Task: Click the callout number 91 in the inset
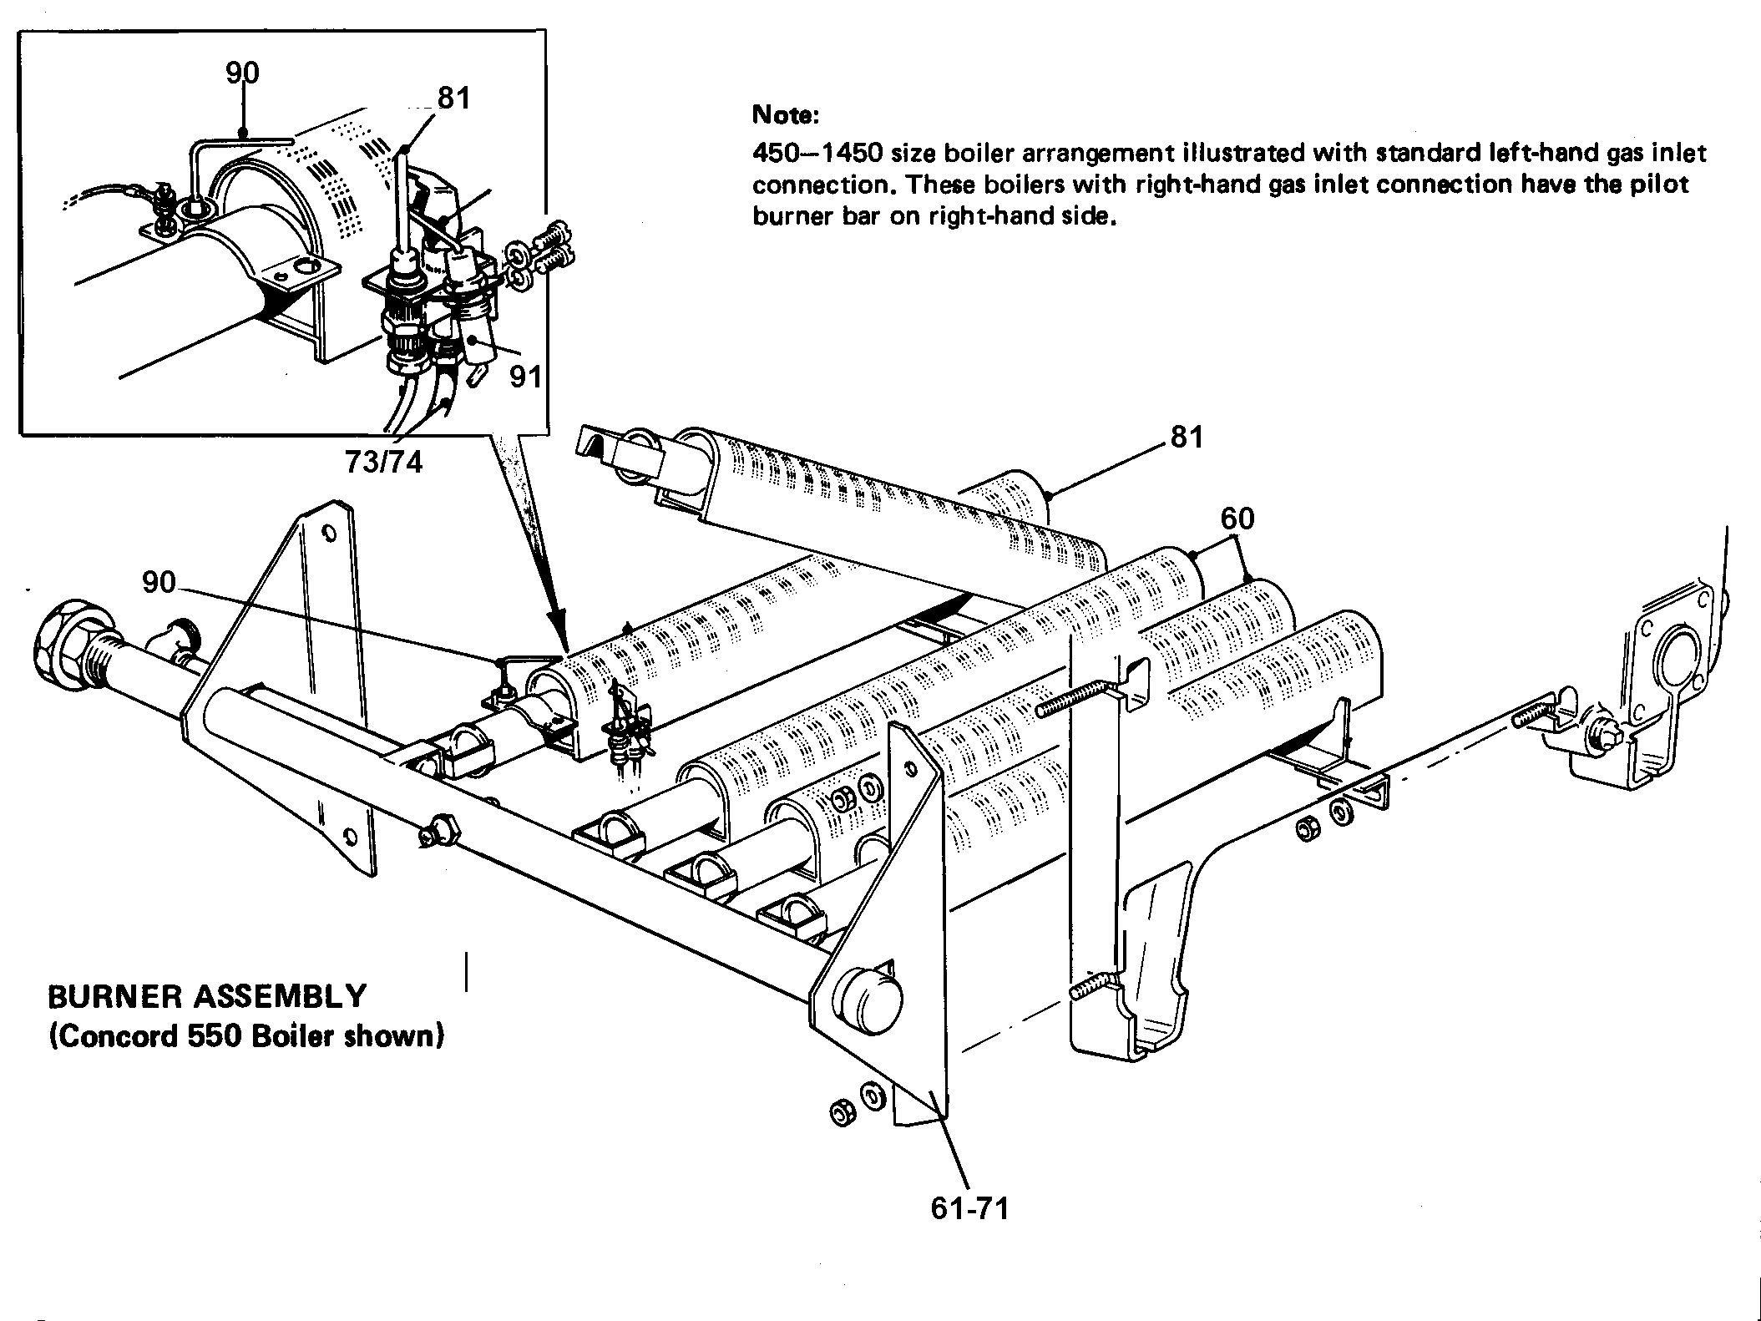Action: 525,377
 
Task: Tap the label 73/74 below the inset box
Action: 384,462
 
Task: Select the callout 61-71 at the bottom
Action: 969,1207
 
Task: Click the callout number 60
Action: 1237,519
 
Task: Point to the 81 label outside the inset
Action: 1187,437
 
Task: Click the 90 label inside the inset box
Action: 242,73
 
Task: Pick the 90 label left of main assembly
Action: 159,582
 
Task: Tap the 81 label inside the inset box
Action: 453,99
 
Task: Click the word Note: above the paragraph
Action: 786,114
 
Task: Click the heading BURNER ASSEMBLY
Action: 207,996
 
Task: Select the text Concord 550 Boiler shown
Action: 245,1035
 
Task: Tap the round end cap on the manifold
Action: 872,998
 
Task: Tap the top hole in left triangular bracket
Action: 329,533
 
